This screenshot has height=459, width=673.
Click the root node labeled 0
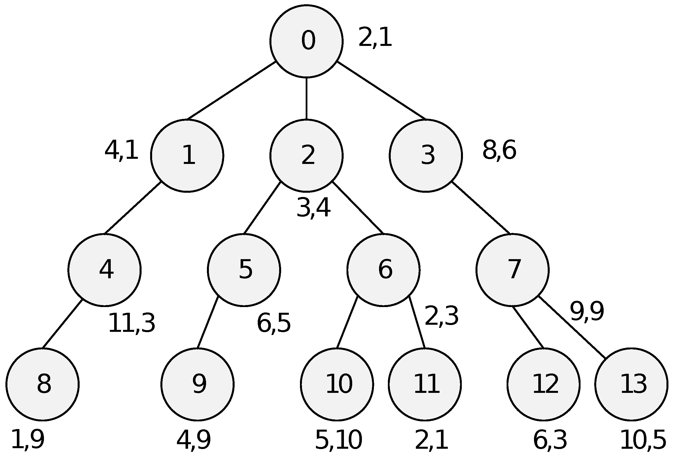tap(306, 41)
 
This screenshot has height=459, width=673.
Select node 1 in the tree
tap(187, 156)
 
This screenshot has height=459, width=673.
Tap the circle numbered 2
tap(306, 156)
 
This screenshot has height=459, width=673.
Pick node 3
tap(426, 156)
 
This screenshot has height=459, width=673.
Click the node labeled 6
tap(383, 270)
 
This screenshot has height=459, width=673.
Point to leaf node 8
tap(42, 384)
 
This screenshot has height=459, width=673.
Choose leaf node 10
tap(337, 384)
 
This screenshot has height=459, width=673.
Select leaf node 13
tap(631, 384)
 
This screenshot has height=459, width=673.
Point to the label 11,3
tap(132, 323)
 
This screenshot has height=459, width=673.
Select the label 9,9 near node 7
tap(587, 312)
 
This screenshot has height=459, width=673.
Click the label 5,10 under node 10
tap(338, 440)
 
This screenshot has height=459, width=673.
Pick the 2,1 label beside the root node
tap(375, 38)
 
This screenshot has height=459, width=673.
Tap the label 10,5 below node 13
tap(643, 440)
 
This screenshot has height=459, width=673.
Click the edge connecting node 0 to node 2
tap(306, 98)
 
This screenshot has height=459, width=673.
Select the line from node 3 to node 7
tap(481, 208)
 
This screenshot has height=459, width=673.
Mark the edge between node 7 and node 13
tap(572, 327)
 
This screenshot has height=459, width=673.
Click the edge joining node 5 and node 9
tap(207, 322)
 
